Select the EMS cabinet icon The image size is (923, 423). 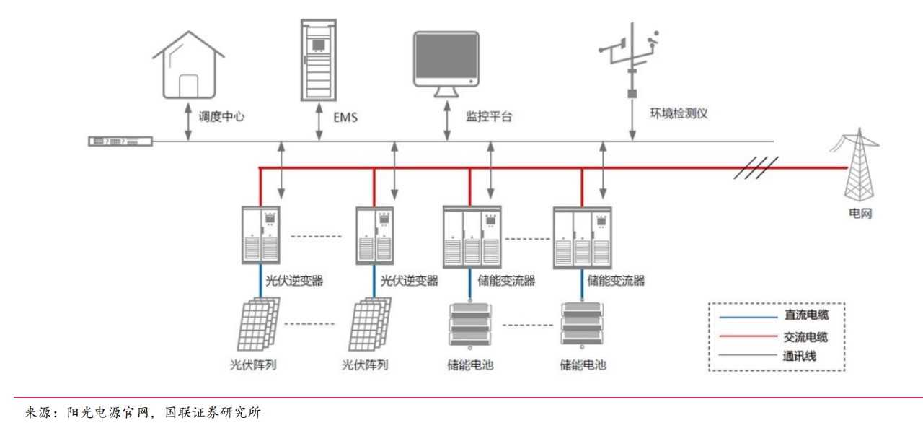(x=318, y=60)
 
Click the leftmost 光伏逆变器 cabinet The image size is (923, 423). (x=260, y=235)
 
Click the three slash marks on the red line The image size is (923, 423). (x=756, y=168)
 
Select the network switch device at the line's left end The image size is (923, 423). (x=120, y=141)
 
